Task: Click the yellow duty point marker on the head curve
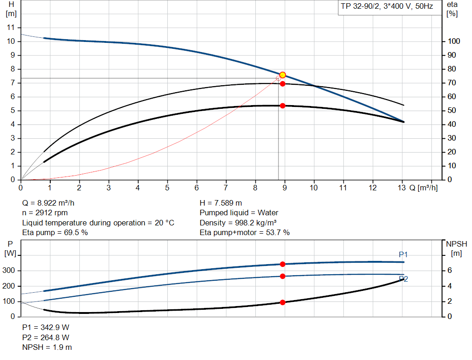point(283,75)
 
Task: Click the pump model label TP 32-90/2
point(386,7)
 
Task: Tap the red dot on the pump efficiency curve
point(283,83)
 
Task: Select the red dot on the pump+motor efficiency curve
point(283,106)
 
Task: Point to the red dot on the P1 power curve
point(283,264)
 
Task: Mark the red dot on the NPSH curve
point(283,302)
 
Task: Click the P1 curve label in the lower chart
point(403,254)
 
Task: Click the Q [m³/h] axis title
point(424,188)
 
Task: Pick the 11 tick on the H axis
point(12,28)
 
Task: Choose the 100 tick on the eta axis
point(454,41)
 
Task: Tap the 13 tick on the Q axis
point(401,188)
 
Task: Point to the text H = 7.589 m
point(221,203)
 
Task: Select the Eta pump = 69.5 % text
point(55,232)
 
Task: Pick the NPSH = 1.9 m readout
point(47,347)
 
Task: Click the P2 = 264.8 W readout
point(46,337)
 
